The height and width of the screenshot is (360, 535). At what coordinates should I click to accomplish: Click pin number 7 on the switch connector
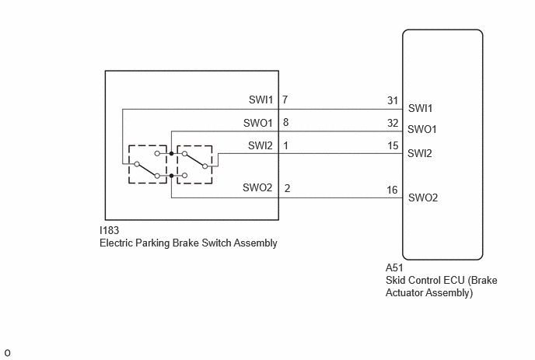click(285, 100)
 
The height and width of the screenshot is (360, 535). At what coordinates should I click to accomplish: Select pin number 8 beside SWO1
click(285, 122)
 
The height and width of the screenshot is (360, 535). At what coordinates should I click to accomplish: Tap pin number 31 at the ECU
click(393, 100)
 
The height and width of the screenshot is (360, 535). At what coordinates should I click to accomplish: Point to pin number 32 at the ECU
click(393, 123)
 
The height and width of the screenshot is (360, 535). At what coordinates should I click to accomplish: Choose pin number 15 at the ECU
click(393, 145)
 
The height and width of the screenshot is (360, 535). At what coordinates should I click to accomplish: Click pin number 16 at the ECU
click(393, 190)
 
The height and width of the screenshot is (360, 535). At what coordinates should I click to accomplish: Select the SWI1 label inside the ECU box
click(421, 108)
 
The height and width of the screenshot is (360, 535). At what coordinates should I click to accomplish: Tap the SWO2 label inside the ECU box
click(423, 197)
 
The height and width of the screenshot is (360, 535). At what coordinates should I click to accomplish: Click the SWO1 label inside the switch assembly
click(258, 123)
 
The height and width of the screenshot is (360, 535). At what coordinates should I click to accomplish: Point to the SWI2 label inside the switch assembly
click(261, 145)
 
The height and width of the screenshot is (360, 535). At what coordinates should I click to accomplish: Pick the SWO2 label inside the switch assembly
click(257, 187)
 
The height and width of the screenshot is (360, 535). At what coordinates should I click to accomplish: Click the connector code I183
click(109, 230)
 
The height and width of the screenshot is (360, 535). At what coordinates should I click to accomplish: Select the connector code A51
click(394, 267)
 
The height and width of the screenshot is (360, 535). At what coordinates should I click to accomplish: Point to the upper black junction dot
click(171, 153)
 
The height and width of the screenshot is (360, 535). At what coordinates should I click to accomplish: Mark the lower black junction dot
click(171, 176)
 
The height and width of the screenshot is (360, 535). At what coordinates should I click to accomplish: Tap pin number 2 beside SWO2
click(287, 188)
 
